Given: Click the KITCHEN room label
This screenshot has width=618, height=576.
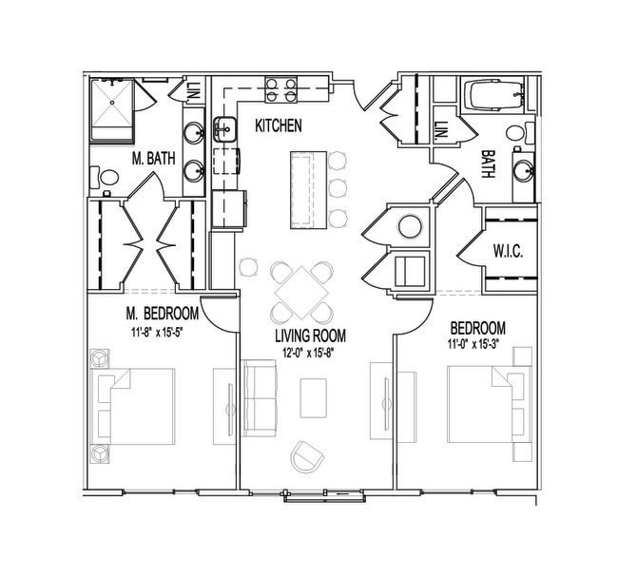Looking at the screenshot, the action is (x=279, y=125).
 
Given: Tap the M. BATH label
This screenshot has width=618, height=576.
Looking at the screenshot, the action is (x=153, y=159).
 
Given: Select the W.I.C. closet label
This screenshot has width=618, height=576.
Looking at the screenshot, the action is (x=508, y=251).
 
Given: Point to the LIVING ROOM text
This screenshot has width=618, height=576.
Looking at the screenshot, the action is (x=310, y=336).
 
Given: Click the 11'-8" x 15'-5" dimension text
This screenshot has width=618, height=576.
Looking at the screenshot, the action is (x=157, y=332).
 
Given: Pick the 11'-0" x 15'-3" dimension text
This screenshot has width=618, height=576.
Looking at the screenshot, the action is (x=473, y=344).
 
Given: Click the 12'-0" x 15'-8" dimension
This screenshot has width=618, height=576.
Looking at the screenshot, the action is (x=308, y=353).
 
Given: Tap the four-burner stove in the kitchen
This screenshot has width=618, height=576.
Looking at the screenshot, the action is (x=281, y=90).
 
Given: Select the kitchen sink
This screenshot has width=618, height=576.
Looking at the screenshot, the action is (x=225, y=129).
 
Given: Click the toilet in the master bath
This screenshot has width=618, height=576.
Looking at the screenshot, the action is (x=104, y=178).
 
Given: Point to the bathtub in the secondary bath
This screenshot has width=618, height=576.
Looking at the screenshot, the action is (x=494, y=95).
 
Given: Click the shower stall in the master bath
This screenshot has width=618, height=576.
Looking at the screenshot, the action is (x=112, y=109).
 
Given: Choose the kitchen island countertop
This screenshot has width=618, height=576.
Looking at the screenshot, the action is (x=309, y=190).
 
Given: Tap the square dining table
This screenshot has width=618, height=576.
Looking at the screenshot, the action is (x=301, y=294).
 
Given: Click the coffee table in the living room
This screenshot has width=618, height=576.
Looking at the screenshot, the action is (x=314, y=398).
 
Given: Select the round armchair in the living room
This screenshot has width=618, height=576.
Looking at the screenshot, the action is (x=307, y=457).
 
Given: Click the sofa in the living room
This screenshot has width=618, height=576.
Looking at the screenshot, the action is (x=260, y=398).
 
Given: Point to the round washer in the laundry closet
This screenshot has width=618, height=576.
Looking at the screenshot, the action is (x=410, y=226).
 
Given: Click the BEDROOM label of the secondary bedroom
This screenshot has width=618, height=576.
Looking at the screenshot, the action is (x=477, y=328).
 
